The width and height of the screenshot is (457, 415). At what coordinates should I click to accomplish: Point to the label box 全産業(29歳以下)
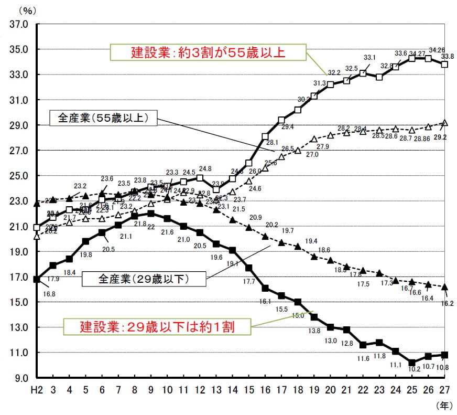(x=144, y=279)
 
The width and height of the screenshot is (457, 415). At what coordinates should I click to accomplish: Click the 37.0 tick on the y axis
(x=18, y=24)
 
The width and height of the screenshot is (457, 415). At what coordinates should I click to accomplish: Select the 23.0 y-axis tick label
(x=18, y=201)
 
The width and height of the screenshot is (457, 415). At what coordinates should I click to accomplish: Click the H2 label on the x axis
(x=36, y=390)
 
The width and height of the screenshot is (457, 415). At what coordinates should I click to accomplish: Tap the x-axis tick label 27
(x=445, y=390)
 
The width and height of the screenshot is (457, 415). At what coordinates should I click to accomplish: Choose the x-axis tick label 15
(x=249, y=390)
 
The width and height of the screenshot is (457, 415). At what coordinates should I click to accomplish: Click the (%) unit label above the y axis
(x=26, y=9)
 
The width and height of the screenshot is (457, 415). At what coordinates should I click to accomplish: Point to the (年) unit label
(x=443, y=405)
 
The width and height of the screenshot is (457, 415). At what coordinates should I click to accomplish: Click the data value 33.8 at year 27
(x=448, y=56)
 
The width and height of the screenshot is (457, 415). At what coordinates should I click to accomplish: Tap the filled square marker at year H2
(x=36, y=279)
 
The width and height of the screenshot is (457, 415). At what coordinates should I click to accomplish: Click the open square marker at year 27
(x=445, y=65)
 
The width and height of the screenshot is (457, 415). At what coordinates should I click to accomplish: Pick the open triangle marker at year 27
(x=445, y=123)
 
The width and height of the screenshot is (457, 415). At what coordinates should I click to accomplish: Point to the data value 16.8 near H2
(x=49, y=294)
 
